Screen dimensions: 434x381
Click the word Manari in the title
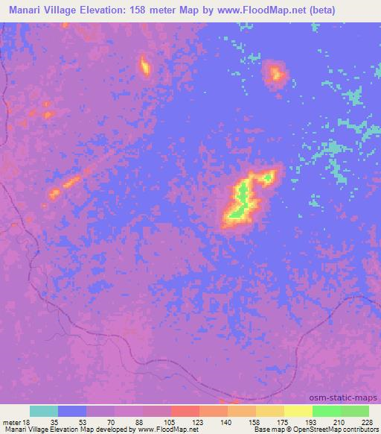pos(26,10)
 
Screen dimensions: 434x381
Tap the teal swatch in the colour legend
pos(44,411)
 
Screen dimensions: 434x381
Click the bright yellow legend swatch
pos(298,411)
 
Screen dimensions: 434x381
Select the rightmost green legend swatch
pos(355,411)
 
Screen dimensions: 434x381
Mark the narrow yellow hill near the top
pos(145,67)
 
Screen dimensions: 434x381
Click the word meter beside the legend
pos(10,421)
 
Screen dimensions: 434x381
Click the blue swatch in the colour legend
pos(72,411)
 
